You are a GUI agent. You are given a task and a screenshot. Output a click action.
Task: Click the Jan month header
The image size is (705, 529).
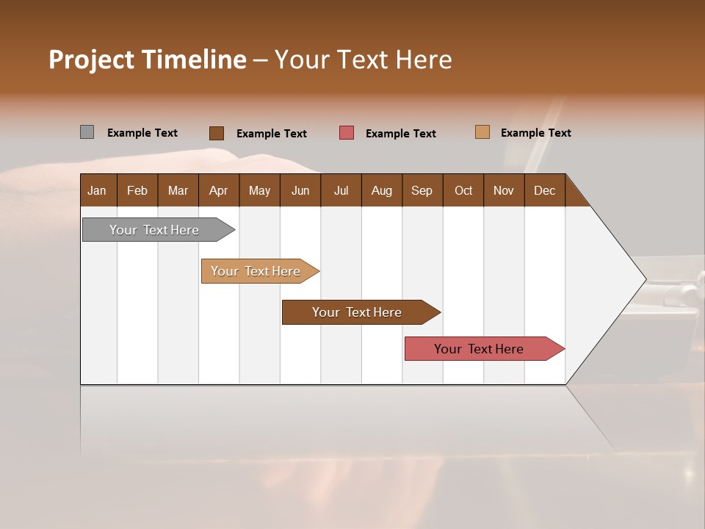point(98,190)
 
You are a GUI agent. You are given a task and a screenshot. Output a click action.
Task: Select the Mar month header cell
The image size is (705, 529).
point(178,190)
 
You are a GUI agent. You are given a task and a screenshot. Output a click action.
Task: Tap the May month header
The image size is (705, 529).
point(259,190)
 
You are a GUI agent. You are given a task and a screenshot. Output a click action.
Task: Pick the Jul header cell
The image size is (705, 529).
point(341,190)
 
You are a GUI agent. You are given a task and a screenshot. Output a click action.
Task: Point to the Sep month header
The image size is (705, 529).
point(422,190)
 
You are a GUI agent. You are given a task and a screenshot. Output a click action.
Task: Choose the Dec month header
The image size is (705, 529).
point(544,190)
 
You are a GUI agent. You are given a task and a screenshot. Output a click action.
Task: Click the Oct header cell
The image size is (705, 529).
point(463,190)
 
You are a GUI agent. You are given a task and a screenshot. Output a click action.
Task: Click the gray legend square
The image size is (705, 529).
point(87,132)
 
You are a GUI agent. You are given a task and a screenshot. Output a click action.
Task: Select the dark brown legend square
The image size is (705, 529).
point(216,133)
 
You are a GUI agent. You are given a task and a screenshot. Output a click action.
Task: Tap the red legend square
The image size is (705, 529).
point(347,133)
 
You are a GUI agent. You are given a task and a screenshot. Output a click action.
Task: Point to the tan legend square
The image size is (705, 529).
point(482,132)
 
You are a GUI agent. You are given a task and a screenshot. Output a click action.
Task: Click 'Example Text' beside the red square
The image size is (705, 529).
point(400,134)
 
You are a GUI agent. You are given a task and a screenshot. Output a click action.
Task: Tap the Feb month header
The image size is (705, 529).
point(137,190)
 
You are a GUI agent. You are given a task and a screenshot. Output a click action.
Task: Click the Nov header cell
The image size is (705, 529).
point(503,190)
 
